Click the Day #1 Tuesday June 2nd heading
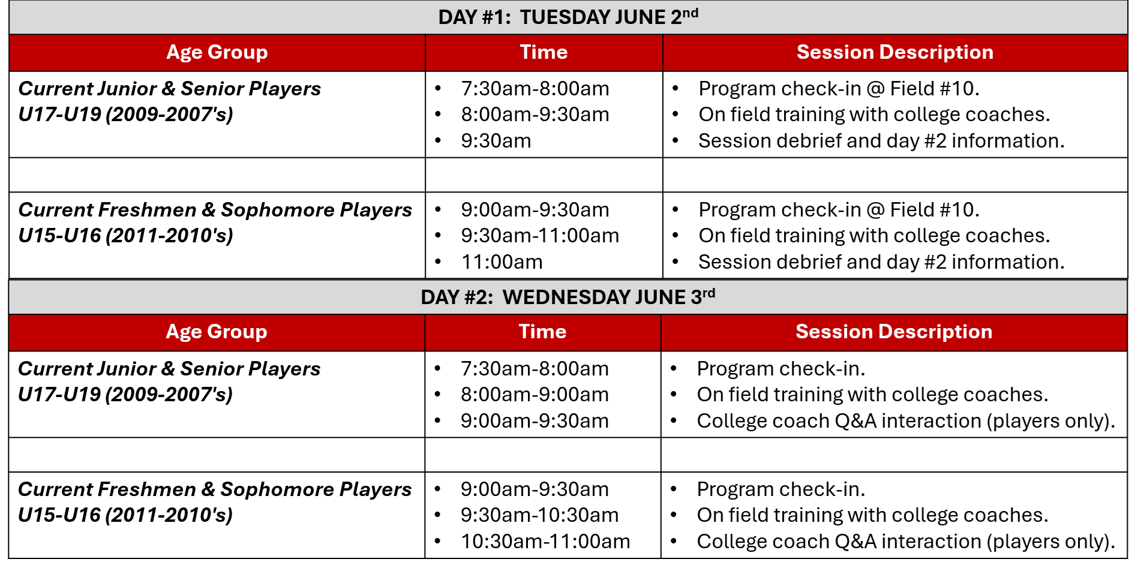568,17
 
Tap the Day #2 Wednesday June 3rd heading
568,297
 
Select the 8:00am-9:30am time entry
535,115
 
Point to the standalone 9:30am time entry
496,141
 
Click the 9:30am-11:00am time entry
539,236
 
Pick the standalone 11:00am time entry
502,262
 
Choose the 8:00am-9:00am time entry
534,395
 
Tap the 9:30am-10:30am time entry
539,515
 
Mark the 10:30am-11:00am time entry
545,542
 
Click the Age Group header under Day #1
217,52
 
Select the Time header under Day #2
542,332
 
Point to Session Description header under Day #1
894,52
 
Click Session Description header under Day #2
893,332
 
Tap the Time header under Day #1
544,52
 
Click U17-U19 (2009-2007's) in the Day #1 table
125,115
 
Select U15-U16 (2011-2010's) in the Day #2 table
125,515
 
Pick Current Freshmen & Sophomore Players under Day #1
215,210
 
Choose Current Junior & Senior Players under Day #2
169,369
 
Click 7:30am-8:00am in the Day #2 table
534,369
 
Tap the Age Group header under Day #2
216,332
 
